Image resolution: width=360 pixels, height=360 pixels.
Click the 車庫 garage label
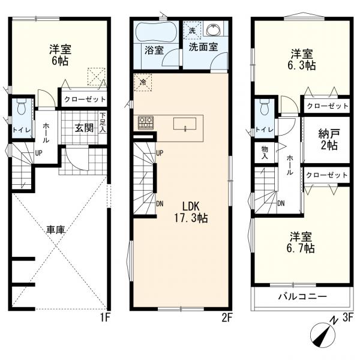[56, 229]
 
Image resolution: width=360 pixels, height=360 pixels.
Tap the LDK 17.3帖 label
[191, 212]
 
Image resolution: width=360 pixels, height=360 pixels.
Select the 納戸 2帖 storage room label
[328, 139]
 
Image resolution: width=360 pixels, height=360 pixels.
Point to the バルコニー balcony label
[302, 296]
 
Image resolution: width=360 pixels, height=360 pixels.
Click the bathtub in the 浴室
[157, 32]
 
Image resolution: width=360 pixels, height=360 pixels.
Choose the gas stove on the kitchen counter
[146, 122]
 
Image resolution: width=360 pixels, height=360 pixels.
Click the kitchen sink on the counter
[185, 124]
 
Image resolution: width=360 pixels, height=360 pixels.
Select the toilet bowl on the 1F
[22, 107]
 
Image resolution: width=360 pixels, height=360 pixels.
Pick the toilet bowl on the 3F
[265, 107]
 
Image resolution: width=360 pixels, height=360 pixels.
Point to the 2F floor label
[227, 318]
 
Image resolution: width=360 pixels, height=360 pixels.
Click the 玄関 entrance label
[84, 128]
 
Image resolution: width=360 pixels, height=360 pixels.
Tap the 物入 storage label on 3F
[265, 153]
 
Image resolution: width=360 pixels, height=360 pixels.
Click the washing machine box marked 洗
[192, 31]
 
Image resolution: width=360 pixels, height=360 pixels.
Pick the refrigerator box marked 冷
[143, 82]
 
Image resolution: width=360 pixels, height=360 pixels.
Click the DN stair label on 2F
[160, 203]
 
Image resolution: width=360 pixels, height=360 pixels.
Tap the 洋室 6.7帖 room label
[301, 242]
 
